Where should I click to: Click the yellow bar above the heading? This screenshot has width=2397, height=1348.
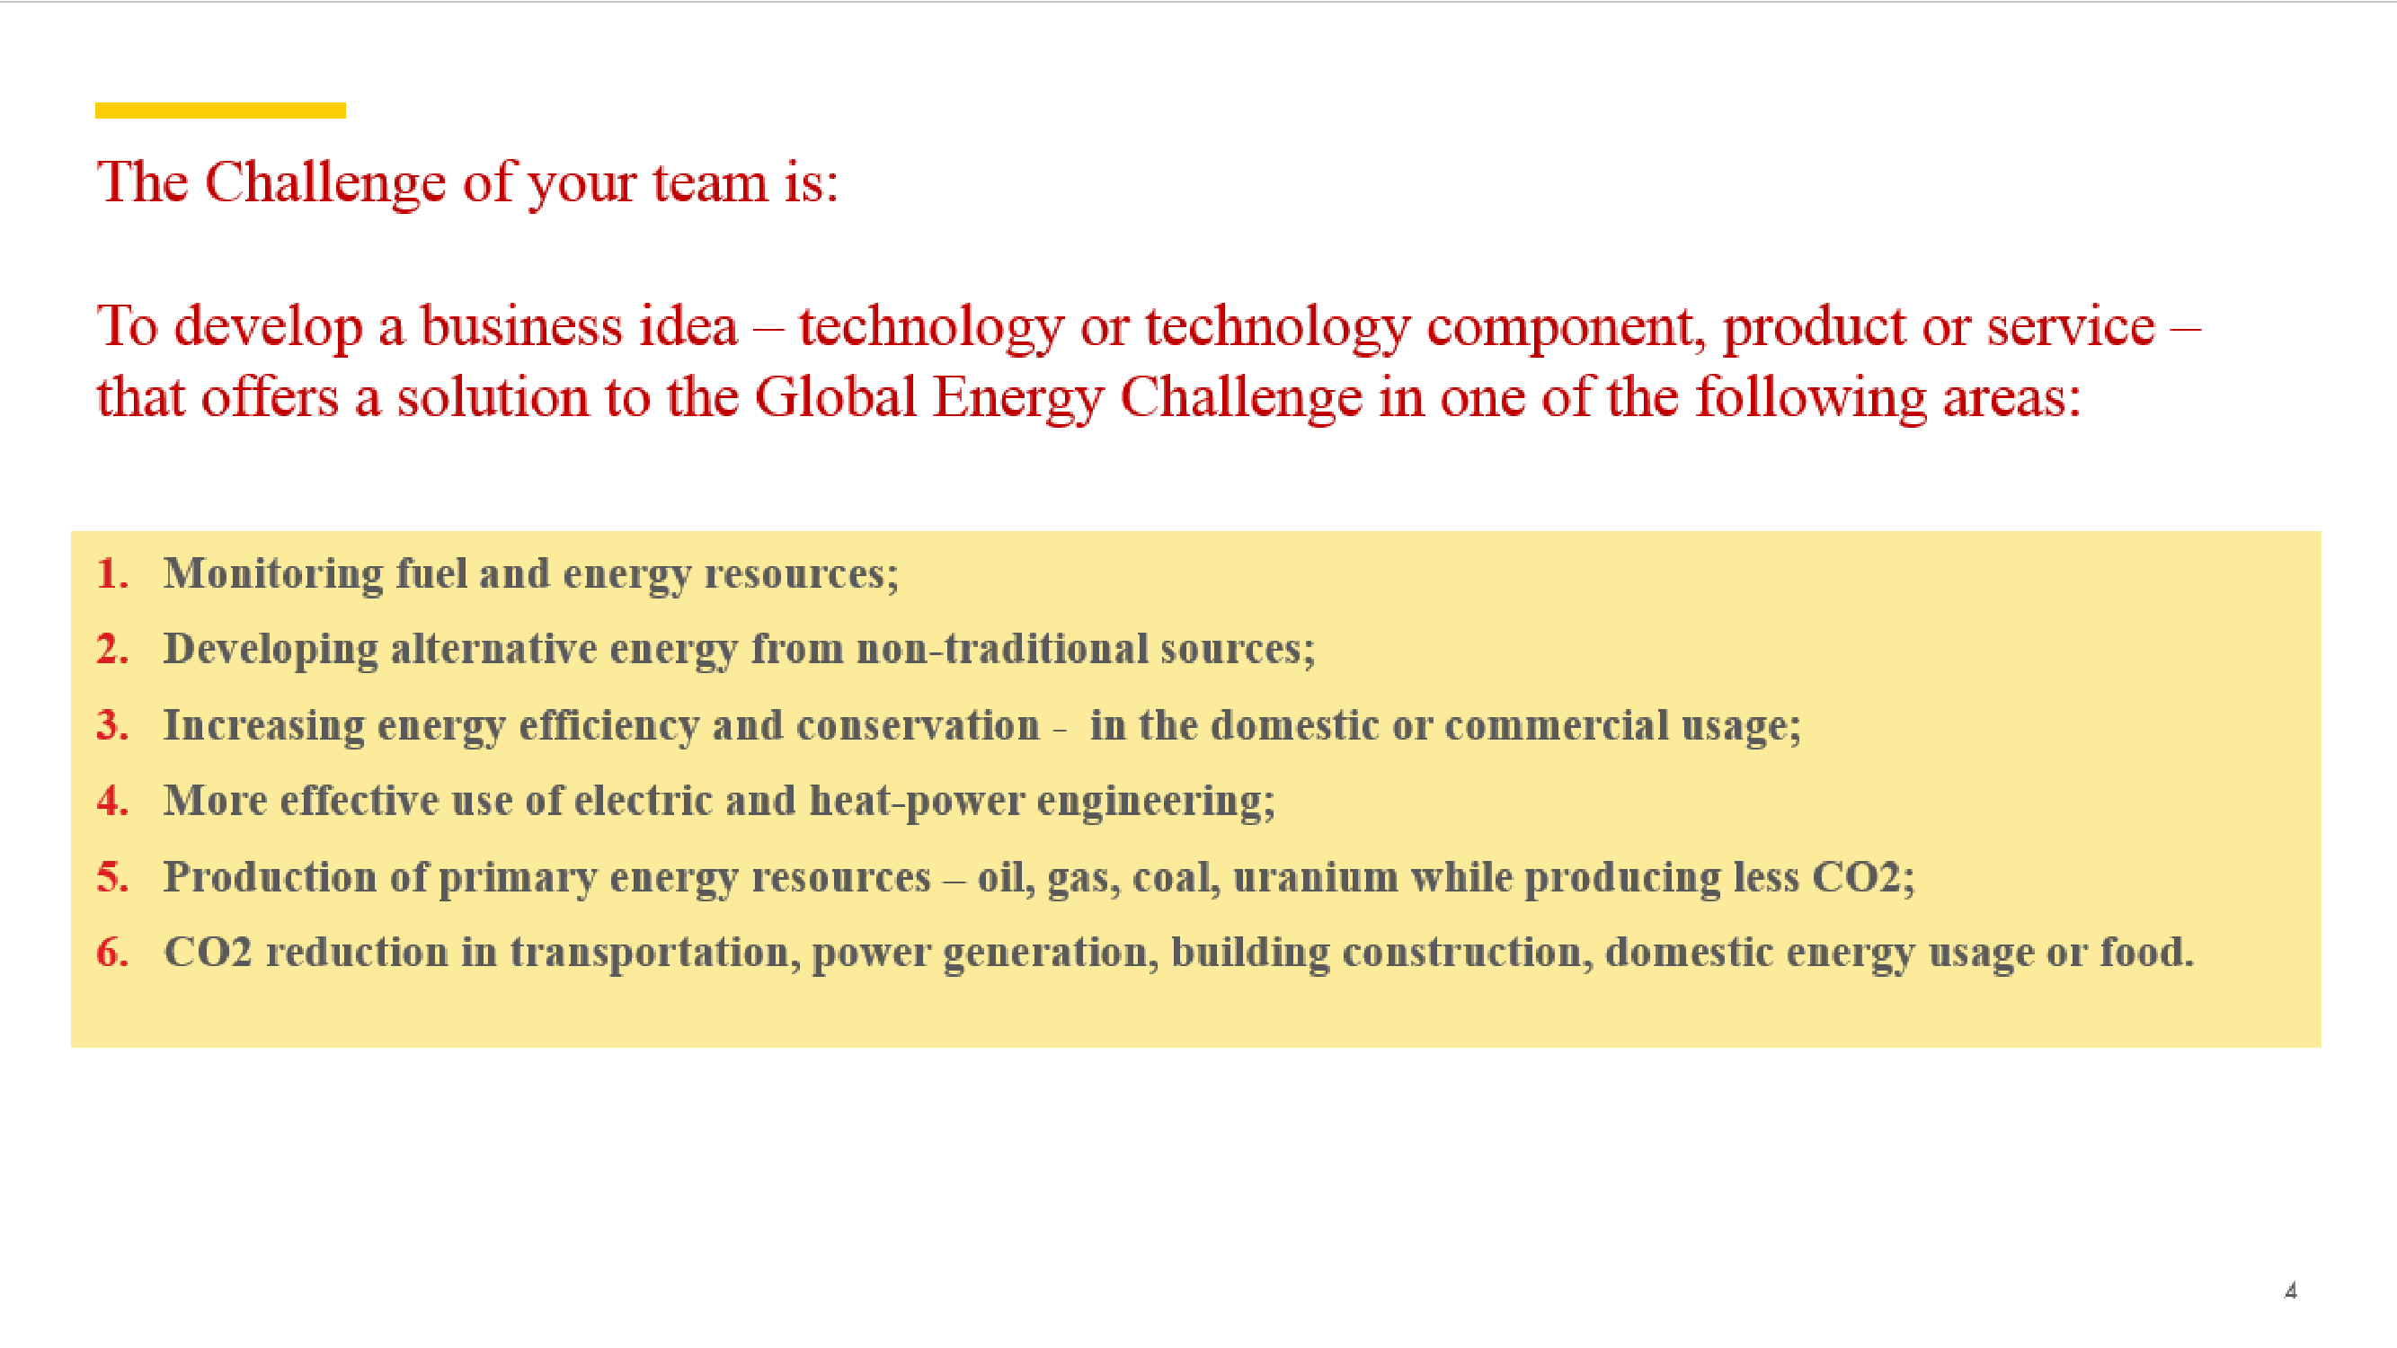coord(220,111)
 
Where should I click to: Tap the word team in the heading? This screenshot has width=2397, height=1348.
coord(710,182)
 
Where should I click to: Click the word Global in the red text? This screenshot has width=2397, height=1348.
coord(835,397)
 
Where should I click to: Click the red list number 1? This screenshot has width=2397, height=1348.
coord(111,573)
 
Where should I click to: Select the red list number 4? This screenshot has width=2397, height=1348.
coord(111,800)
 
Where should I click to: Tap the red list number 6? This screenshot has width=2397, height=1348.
coord(111,952)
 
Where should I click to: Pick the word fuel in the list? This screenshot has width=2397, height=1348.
coord(431,573)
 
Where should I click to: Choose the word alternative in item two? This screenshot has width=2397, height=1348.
coord(493,650)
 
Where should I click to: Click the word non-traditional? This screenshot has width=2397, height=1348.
coord(1002,650)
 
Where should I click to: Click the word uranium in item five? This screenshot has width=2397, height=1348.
coord(1315,876)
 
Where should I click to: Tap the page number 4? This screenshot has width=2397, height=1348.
coord(2290,1290)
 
